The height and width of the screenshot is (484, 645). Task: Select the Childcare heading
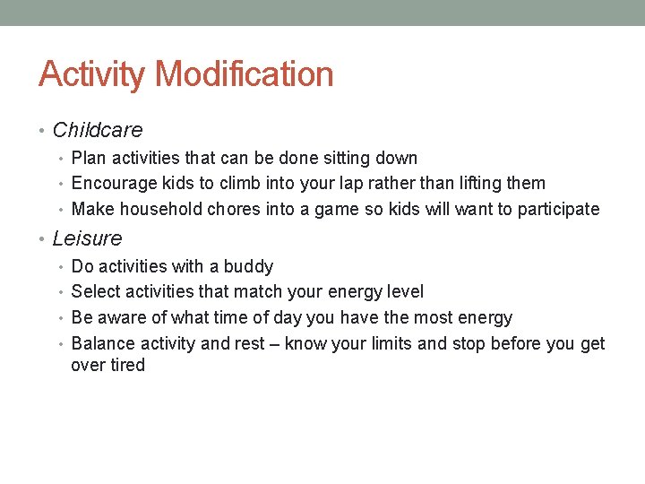click(98, 131)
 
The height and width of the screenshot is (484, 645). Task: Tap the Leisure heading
click(87, 239)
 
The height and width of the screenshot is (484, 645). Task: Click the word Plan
click(88, 159)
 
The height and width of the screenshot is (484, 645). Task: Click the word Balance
click(102, 344)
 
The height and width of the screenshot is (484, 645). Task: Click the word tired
click(127, 366)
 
